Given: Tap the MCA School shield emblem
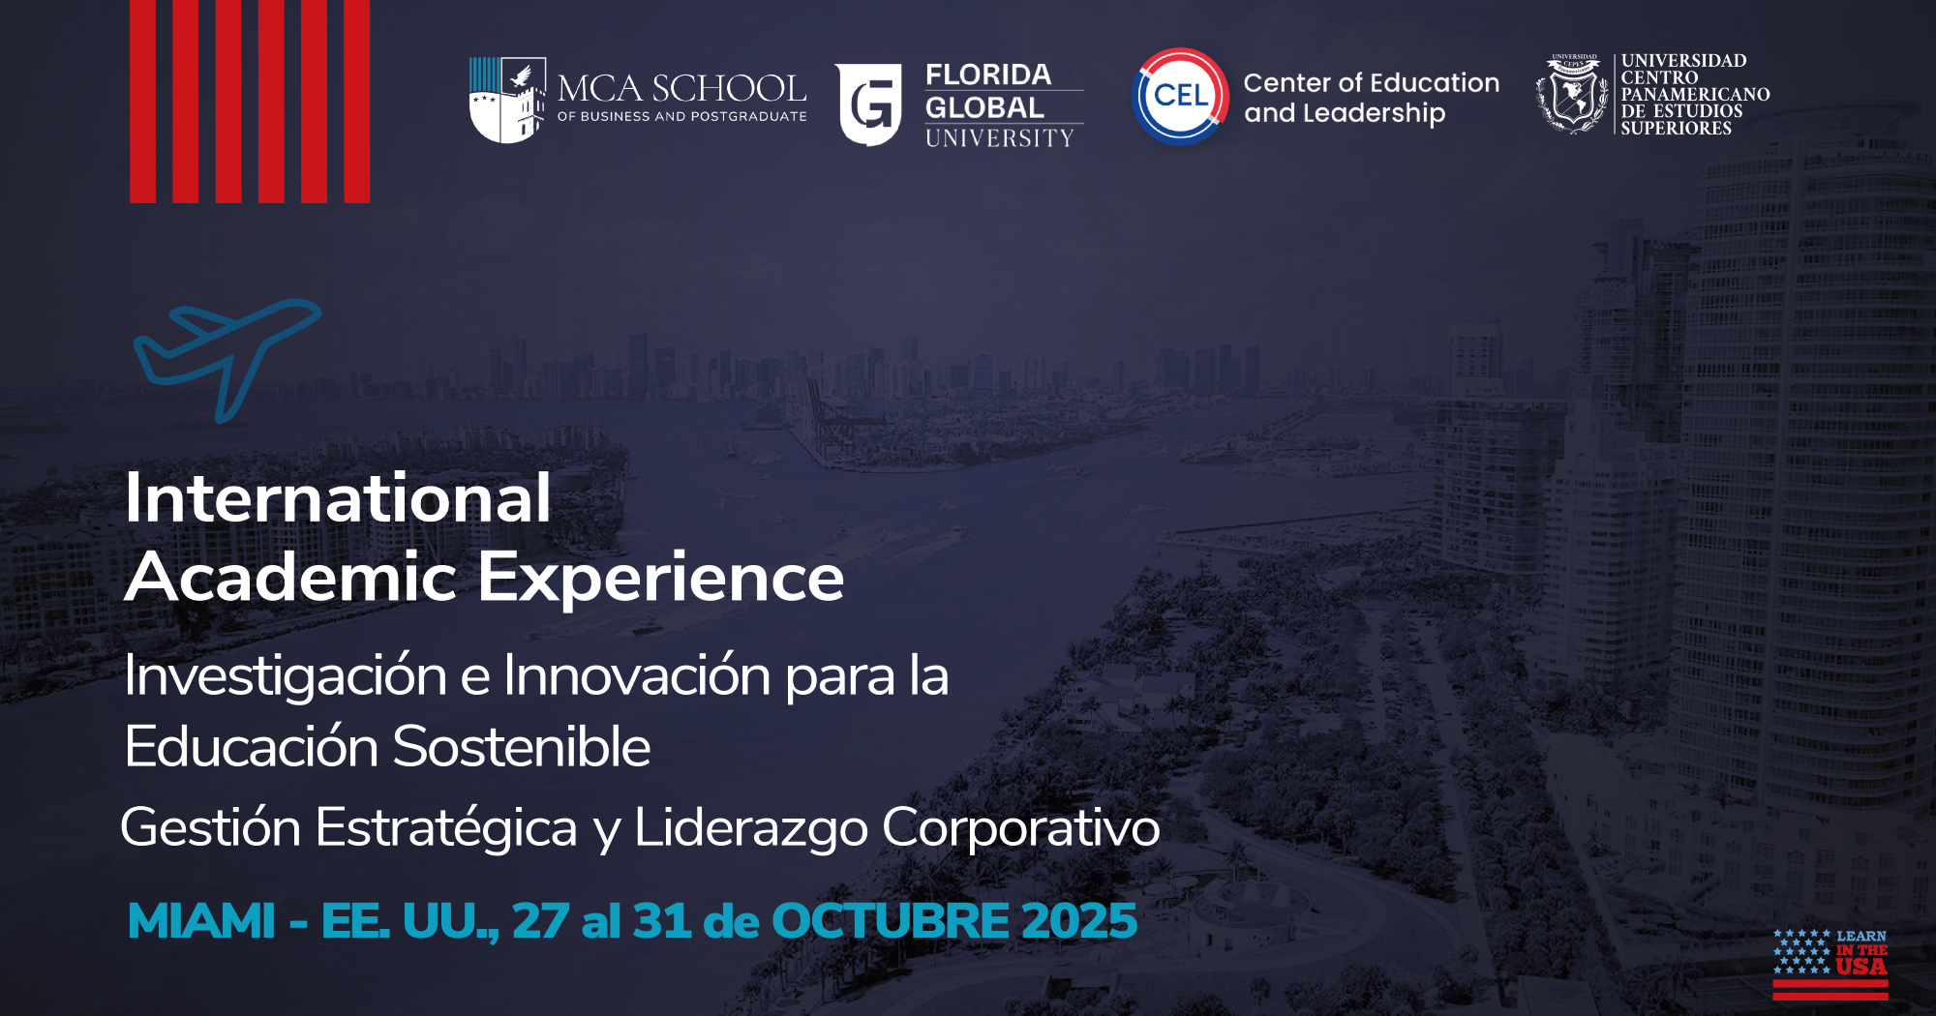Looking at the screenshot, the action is point(507,100).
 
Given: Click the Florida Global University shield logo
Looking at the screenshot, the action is point(868,105).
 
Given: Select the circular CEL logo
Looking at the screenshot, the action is point(1180,96).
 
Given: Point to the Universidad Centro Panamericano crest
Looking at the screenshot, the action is point(1573,94).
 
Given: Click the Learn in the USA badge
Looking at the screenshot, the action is point(1830,964).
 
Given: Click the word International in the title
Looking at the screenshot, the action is point(338,498).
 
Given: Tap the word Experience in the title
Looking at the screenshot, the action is point(661,579).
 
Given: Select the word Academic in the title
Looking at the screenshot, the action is point(290,577).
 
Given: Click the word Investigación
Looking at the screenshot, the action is point(286,676).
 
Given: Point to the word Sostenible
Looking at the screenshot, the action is point(522,747).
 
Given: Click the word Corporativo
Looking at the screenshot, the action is point(1020,829).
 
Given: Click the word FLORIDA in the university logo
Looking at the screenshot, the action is point(988,75).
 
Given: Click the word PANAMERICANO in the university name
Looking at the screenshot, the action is point(1696,94).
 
